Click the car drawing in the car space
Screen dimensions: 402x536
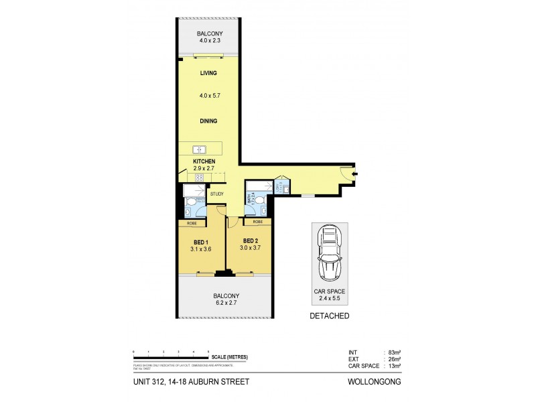click(x=329, y=253)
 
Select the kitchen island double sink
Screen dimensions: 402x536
click(x=199, y=149)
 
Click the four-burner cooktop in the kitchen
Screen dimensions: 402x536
click(x=199, y=178)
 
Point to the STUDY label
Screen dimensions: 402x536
click(x=216, y=194)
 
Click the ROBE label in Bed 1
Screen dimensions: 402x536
click(x=192, y=223)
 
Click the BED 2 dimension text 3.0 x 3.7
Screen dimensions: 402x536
click(x=251, y=248)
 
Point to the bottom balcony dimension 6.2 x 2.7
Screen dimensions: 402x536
click(x=226, y=303)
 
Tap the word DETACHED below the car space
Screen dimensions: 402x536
click(x=329, y=316)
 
